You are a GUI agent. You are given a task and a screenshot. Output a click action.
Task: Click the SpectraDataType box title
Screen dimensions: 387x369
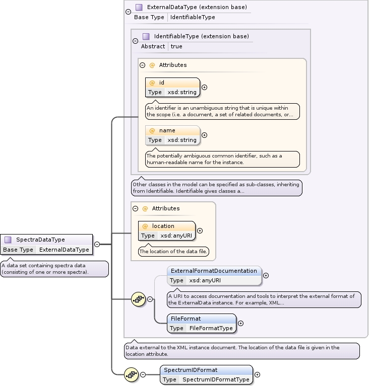40,240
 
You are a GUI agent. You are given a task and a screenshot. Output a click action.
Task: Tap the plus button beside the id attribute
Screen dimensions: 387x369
204,87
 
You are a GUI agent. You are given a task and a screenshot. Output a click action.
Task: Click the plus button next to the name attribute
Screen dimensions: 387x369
204,135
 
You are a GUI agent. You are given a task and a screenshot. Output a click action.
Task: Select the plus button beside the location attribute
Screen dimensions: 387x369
200,230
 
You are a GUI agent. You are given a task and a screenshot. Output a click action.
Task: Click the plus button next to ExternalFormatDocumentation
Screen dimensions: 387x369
266,275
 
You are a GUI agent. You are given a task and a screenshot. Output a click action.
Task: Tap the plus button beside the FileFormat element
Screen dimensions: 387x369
240,323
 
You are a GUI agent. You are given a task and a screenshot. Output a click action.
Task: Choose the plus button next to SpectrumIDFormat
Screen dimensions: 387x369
258,374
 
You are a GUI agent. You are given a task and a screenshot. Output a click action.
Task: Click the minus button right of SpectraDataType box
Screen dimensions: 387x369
97,244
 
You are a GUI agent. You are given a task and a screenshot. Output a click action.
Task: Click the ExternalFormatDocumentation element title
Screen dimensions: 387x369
214,271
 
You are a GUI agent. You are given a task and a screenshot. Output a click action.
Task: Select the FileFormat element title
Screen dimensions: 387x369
186,319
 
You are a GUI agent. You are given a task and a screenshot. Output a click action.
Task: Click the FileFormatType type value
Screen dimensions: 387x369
211,328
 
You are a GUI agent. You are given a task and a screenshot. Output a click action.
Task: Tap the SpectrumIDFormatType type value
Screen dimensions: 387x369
216,379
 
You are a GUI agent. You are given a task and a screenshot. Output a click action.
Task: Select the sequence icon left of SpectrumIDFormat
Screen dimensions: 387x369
132,374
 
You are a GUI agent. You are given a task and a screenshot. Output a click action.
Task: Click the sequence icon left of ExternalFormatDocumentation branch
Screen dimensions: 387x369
139,299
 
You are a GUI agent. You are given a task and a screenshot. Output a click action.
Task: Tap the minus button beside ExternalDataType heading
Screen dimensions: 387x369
128,12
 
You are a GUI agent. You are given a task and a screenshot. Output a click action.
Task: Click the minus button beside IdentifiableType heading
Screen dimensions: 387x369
135,41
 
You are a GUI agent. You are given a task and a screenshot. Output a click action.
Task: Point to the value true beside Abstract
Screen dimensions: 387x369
176,46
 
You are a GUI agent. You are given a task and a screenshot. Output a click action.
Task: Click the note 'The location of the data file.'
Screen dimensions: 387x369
173,251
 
